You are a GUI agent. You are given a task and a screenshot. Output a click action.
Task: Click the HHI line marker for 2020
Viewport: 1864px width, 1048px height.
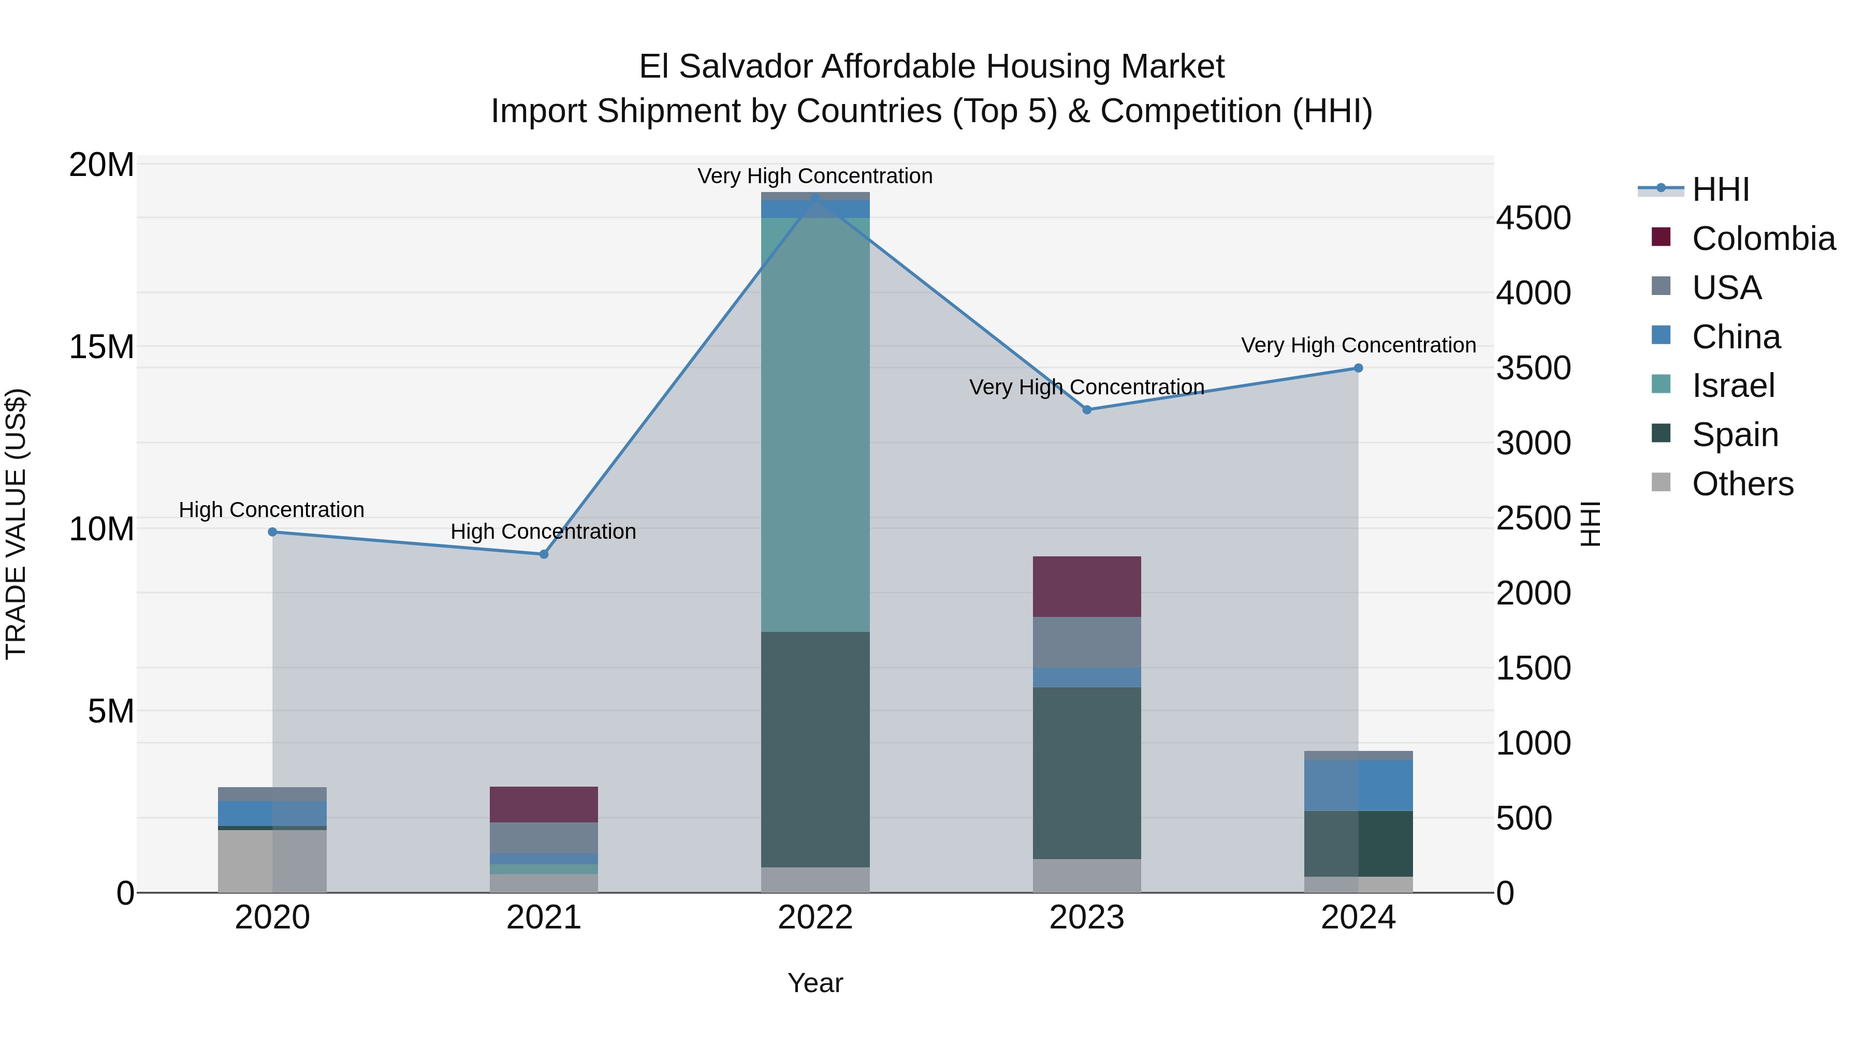pos(272,532)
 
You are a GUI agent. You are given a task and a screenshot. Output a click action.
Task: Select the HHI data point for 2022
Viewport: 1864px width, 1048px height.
pos(815,197)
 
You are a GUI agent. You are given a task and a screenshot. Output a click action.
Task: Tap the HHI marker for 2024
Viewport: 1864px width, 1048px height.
pos(1358,368)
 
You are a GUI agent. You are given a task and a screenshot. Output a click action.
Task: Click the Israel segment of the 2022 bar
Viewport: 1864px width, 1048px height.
pos(815,424)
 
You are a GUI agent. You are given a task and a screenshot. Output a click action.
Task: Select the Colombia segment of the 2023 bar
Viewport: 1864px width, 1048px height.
pos(1086,586)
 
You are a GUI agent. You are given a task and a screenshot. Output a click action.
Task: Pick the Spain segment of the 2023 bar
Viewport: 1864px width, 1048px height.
pos(1086,773)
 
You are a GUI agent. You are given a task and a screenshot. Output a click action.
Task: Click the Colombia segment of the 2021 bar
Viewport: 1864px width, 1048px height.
pos(544,804)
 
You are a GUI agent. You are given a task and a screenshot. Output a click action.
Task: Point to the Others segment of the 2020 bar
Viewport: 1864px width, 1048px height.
pos(272,861)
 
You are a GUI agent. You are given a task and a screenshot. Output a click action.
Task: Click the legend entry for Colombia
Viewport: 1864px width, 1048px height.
pos(1763,239)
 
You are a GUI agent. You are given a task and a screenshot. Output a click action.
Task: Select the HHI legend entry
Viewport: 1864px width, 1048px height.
pos(1720,189)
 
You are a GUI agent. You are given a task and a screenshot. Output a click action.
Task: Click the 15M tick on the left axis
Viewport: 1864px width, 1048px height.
pos(101,346)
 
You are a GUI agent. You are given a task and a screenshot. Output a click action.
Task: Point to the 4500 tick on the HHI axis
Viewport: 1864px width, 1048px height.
pos(1533,218)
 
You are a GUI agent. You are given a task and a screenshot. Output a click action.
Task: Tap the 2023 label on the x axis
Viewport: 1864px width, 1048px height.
pos(1086,918)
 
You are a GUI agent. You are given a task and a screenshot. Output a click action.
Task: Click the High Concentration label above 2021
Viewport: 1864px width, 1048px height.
pos(544,532)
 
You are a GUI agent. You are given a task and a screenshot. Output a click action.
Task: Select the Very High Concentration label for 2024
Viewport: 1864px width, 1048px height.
pos(1358,345)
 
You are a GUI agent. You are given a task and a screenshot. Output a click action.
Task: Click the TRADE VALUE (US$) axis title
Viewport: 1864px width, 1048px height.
pos(16,524)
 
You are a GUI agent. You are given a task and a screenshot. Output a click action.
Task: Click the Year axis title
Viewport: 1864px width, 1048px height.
pos(815,983)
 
